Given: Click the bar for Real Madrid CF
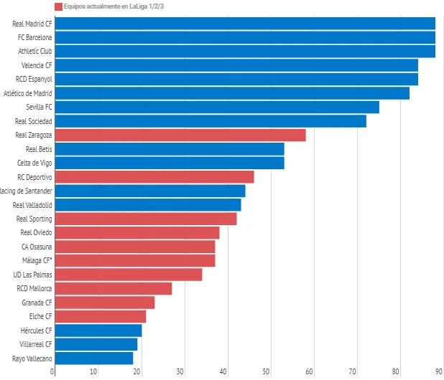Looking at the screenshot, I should pyautogui.click(x=244, y=24).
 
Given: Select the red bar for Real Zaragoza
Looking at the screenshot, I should pyautogui.click(x=180, y=135).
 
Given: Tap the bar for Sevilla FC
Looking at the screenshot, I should pyautogui.click(x=216, y=107).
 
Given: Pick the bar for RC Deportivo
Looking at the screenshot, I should pyautogui.click(x=154, y=176).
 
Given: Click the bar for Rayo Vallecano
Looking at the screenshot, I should pyautogui.click(x=93, y=358).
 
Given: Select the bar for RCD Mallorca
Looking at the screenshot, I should pyautogui.click(x=113, y=288).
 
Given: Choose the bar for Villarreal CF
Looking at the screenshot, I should pyautogui.click(x=96, y=344).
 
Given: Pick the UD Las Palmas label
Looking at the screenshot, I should pyautogui.click(x=32, y=275).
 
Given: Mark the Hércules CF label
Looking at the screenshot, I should pyautogui.click(x=36, y=331).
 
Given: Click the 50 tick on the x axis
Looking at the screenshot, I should pyautogui.click(x=267, y=371).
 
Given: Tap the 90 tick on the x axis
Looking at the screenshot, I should pyautogui.click(x=438, y=371).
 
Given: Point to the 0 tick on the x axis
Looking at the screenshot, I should pyautogui.click(x=52, y=371).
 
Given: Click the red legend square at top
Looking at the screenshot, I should pyautogui.click(x=58, y=6).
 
